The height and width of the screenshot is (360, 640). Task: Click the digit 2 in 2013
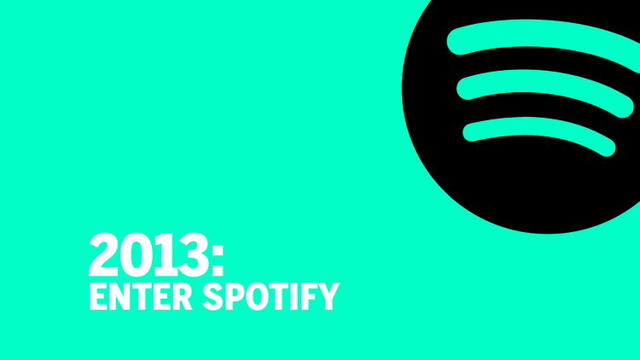click(103, 254)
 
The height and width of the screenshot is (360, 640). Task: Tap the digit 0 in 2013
click(136, 254)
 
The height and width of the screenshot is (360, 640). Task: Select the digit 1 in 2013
click(165, 254)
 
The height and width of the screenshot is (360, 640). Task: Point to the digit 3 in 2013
click(194, 254)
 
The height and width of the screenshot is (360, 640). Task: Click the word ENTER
click(141, 296)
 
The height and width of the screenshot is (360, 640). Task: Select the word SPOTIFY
click(271, 296)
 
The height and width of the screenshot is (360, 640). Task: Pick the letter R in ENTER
click(182, 296)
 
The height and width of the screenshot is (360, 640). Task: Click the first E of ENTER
click(98, 296)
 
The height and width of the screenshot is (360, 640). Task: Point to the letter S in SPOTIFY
click(213, 296)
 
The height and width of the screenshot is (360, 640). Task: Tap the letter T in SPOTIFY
click(279, 296)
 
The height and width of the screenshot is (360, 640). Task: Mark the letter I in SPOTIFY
click(294, 296)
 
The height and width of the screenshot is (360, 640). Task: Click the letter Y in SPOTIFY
click(329, 296)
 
